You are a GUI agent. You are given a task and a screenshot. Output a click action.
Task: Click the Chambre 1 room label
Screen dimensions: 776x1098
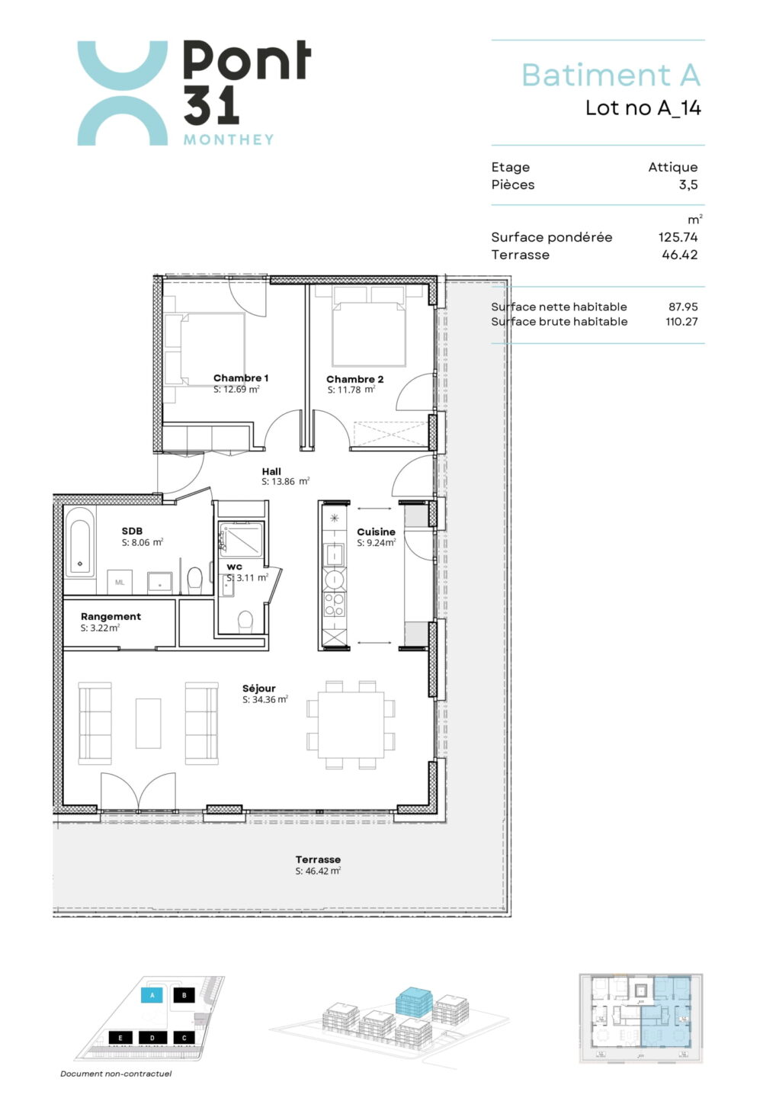click(241, 378)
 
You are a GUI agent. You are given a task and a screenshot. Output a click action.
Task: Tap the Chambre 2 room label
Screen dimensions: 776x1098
click(354, 379)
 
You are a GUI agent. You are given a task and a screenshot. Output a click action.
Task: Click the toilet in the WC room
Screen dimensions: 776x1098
click(245, 621)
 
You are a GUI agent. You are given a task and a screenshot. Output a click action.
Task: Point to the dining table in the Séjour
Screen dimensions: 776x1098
click(351, 724)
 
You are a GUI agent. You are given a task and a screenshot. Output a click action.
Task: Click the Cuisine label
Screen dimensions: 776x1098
click(376, 532)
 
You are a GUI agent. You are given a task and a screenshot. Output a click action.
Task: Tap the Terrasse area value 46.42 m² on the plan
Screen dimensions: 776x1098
click(318, 871)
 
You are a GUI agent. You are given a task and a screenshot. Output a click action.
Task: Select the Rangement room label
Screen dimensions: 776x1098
click(111, 617)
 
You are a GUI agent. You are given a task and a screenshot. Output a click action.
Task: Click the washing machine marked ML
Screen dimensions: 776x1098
click(120, 582)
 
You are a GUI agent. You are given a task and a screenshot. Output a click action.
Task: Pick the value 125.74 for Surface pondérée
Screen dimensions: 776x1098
click(678, 237)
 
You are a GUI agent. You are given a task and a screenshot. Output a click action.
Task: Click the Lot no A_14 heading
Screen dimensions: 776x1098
click(643, 108)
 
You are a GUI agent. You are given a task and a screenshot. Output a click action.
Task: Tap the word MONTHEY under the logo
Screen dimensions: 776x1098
click(229, 140)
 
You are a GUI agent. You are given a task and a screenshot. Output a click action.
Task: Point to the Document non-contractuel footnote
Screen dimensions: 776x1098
click(116, 1074)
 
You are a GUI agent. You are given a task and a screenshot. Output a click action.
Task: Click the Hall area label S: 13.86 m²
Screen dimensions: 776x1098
click(286, 481)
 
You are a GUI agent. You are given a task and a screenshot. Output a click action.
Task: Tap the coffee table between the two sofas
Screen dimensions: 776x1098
click(148, 723)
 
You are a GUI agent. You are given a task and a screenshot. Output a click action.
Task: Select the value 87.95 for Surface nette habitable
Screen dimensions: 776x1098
click(683, 307)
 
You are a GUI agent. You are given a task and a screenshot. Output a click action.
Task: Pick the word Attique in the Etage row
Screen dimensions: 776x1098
click(672, 167)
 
